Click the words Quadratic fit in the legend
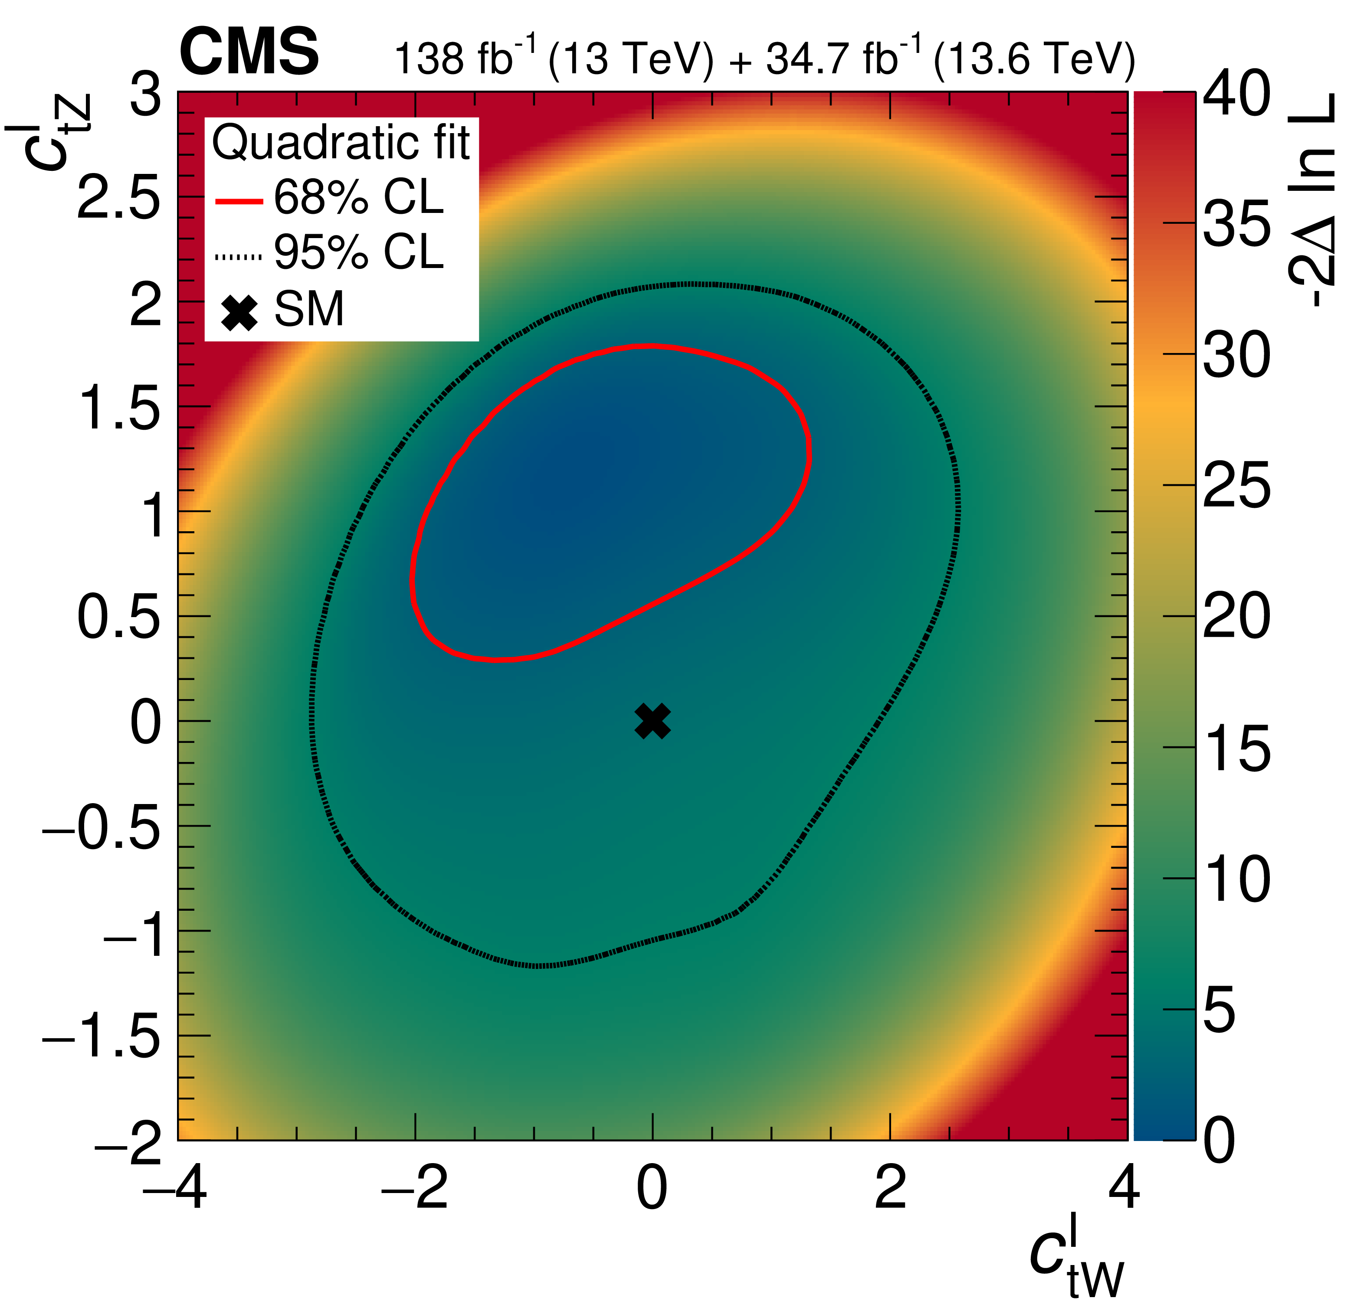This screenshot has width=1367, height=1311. pos(341,143)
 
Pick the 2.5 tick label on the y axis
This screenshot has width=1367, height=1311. pos(118,199)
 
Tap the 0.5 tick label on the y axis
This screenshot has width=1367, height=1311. pos(118,618)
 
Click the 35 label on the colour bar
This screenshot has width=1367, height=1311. pos(1236,224)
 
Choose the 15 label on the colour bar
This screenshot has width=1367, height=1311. pos(1236,748)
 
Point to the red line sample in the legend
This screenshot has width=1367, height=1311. pos(239,202)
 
